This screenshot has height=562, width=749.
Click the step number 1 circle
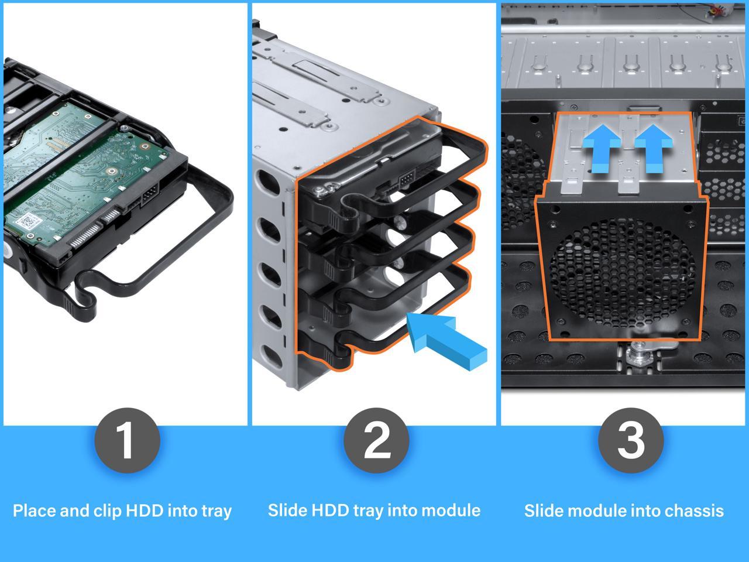126,441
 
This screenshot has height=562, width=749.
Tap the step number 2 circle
376,441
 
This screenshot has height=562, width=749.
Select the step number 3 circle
630,441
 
